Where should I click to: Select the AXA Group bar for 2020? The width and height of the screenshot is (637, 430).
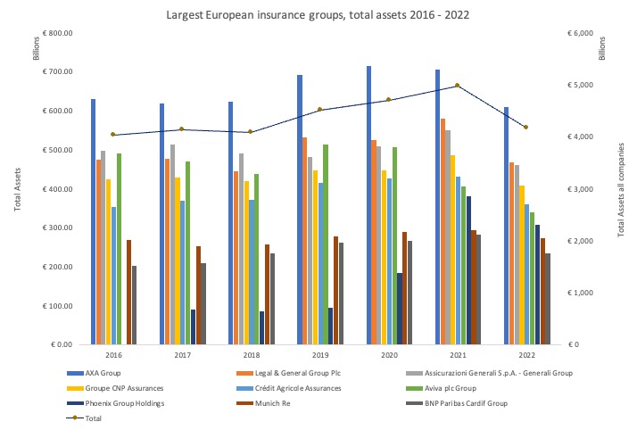368,205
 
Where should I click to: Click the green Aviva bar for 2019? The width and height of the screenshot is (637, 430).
326,244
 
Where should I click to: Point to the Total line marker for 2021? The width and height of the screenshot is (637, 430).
457,86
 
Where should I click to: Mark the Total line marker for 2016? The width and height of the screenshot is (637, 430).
112,135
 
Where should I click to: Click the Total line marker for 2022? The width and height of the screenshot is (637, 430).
525,128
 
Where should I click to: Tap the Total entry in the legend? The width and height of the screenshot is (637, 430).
87,417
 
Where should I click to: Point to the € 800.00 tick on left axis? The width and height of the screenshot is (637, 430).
54,33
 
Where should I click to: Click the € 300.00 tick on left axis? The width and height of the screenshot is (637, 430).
54,228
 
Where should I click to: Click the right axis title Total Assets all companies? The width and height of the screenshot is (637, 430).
622,189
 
